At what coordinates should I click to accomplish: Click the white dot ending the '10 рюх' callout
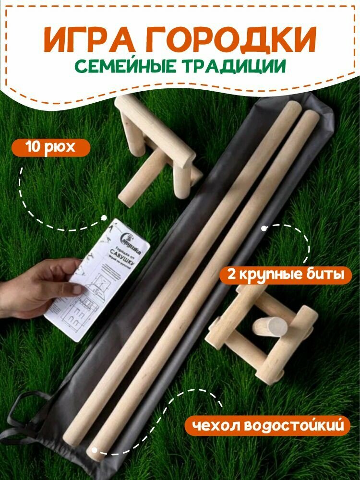(x=104, y=217)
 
